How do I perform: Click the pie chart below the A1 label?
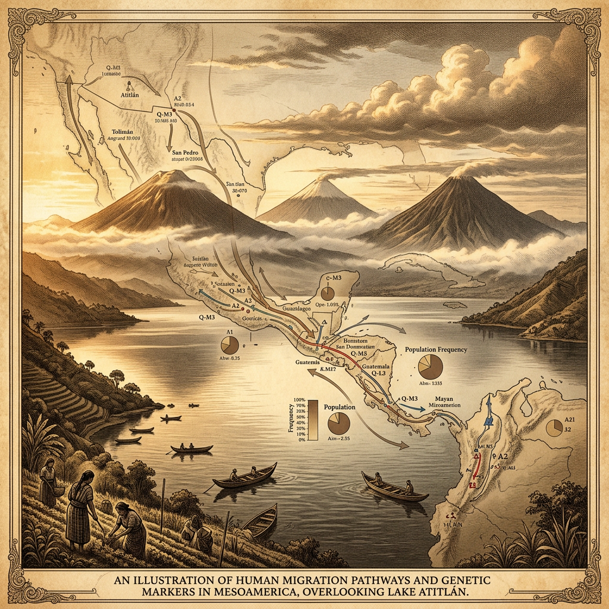[229, 345]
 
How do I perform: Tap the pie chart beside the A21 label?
[554, 428]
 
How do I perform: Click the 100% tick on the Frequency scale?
[299, 400]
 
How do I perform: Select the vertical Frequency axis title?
[291, 419]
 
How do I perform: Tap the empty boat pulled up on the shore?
[260, 520]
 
